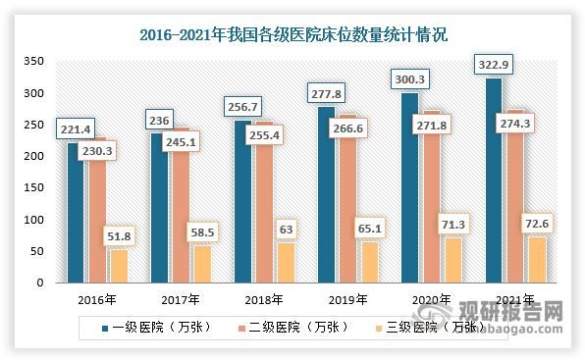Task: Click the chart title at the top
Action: pos(292,37)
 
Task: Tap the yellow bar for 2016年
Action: pos(117,266)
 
